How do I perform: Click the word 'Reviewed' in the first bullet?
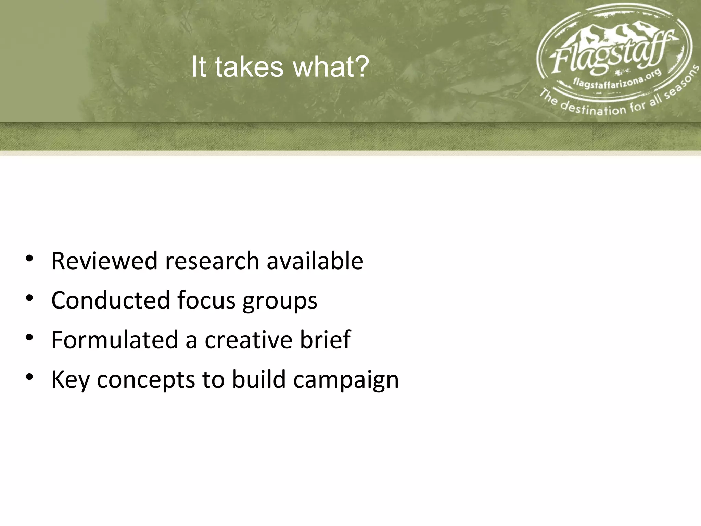pos(104,261)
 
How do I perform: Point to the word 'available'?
pos(315,261)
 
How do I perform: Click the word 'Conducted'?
pos(110,300)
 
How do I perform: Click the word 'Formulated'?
pos(115,340)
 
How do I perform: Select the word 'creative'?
pos(249,340)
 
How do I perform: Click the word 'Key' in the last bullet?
pos(70,380)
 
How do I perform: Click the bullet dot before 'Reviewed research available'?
pos(29,259)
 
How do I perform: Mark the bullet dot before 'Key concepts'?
pos(29,377)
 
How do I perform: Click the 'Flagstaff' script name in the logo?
pos(609,55)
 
